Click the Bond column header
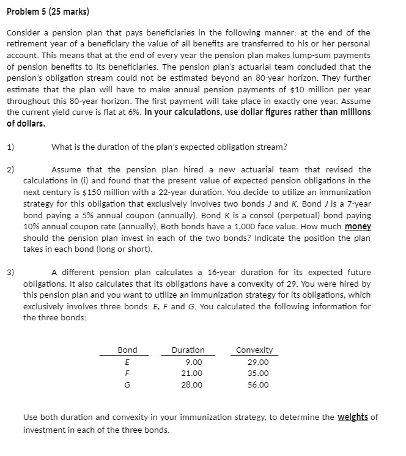click(127, 350)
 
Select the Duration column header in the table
click(188, 350)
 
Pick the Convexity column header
click(254, 350)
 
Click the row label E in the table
click(127, 362)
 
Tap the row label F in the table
click(127, 373)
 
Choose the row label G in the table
click(127, 384)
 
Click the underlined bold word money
click(358, 227)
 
